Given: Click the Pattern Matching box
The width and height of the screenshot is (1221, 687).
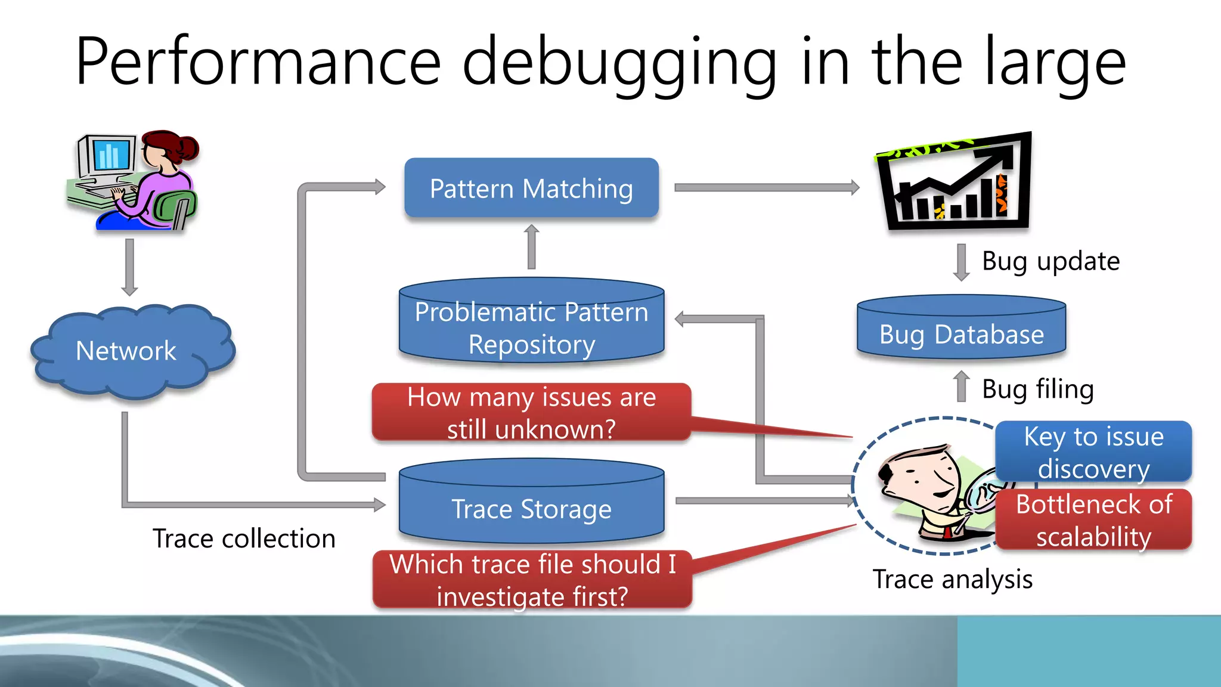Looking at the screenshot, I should pyautogui.click(x=531, y=188).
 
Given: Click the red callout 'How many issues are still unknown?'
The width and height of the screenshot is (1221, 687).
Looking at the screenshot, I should pyautogui.click(x=531, y=413).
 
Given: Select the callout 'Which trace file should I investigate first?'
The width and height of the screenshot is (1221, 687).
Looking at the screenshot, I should pyautogui.click(x=531, y=580).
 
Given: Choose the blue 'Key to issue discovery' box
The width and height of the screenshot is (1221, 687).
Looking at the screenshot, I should pyautogui.click(x=1093, y=452).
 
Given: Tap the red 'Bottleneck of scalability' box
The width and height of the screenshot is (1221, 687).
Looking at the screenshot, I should pyautogui.click(x=1093, y=520).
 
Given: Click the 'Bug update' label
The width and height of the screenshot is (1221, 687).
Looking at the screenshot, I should pyautogui.click(x=1050, y=261).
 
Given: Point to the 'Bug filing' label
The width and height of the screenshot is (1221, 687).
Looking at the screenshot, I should pyautogui.click(x=1037, y=389).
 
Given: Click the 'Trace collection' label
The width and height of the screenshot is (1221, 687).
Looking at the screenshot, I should pyautogui.click(x=244, y=539).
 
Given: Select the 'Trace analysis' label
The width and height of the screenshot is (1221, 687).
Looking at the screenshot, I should pyautogui.click(x=952, y=579).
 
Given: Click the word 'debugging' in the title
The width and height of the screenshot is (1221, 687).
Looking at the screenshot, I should pyautogui.click(x=620, y=63).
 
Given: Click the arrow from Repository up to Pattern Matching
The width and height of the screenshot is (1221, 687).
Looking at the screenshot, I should pyautogui.click(x=532, y=247).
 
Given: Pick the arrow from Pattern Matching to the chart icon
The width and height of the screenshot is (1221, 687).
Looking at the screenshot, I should pyautogui.click(x=766, y=187).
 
